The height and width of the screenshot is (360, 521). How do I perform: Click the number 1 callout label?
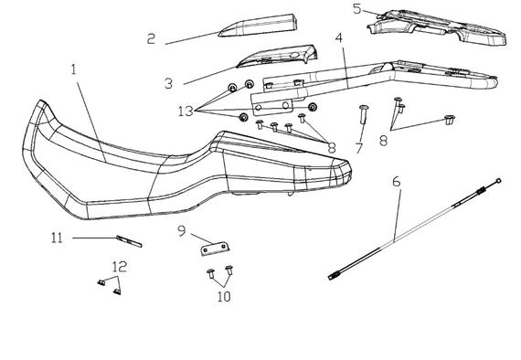click(x=74, y=69)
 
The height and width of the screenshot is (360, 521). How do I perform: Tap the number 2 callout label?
click(x=151, y=39)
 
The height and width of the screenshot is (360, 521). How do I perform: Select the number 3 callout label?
click(x=169, y=83)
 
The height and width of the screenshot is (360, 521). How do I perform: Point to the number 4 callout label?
click(x=338, y=38)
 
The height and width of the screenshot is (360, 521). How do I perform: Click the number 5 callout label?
click(x=356, y=9)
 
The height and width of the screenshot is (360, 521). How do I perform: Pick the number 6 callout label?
click(x=397, y=182)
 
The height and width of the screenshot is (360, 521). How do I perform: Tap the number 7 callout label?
click(x=359, y=148)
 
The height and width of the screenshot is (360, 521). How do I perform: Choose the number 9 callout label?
click(x=181, y=231)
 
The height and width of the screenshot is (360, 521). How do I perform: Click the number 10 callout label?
click(x=224, y=297)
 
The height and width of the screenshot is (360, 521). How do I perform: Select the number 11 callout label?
click(x=57, y=238)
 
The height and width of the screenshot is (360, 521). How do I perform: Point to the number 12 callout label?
click(x=120, y=267)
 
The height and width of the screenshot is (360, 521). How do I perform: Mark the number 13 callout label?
click(x=186, y=111)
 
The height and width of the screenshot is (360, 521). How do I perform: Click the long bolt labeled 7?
click(x=362, y=114)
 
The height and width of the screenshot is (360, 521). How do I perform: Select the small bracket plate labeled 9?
click(x=216, y=249)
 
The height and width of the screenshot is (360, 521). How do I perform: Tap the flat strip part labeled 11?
click(x=129, y=241)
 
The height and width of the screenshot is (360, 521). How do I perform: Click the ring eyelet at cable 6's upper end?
click(x=498, y=180)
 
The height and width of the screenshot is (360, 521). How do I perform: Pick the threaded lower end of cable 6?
click(x=333, y=276)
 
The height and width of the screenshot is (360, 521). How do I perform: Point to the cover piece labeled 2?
click(x=258, y=26)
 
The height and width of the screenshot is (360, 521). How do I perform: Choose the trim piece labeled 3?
click(x=277, y=56)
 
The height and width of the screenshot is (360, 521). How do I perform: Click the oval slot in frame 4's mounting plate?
click(x=285, y=106)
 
